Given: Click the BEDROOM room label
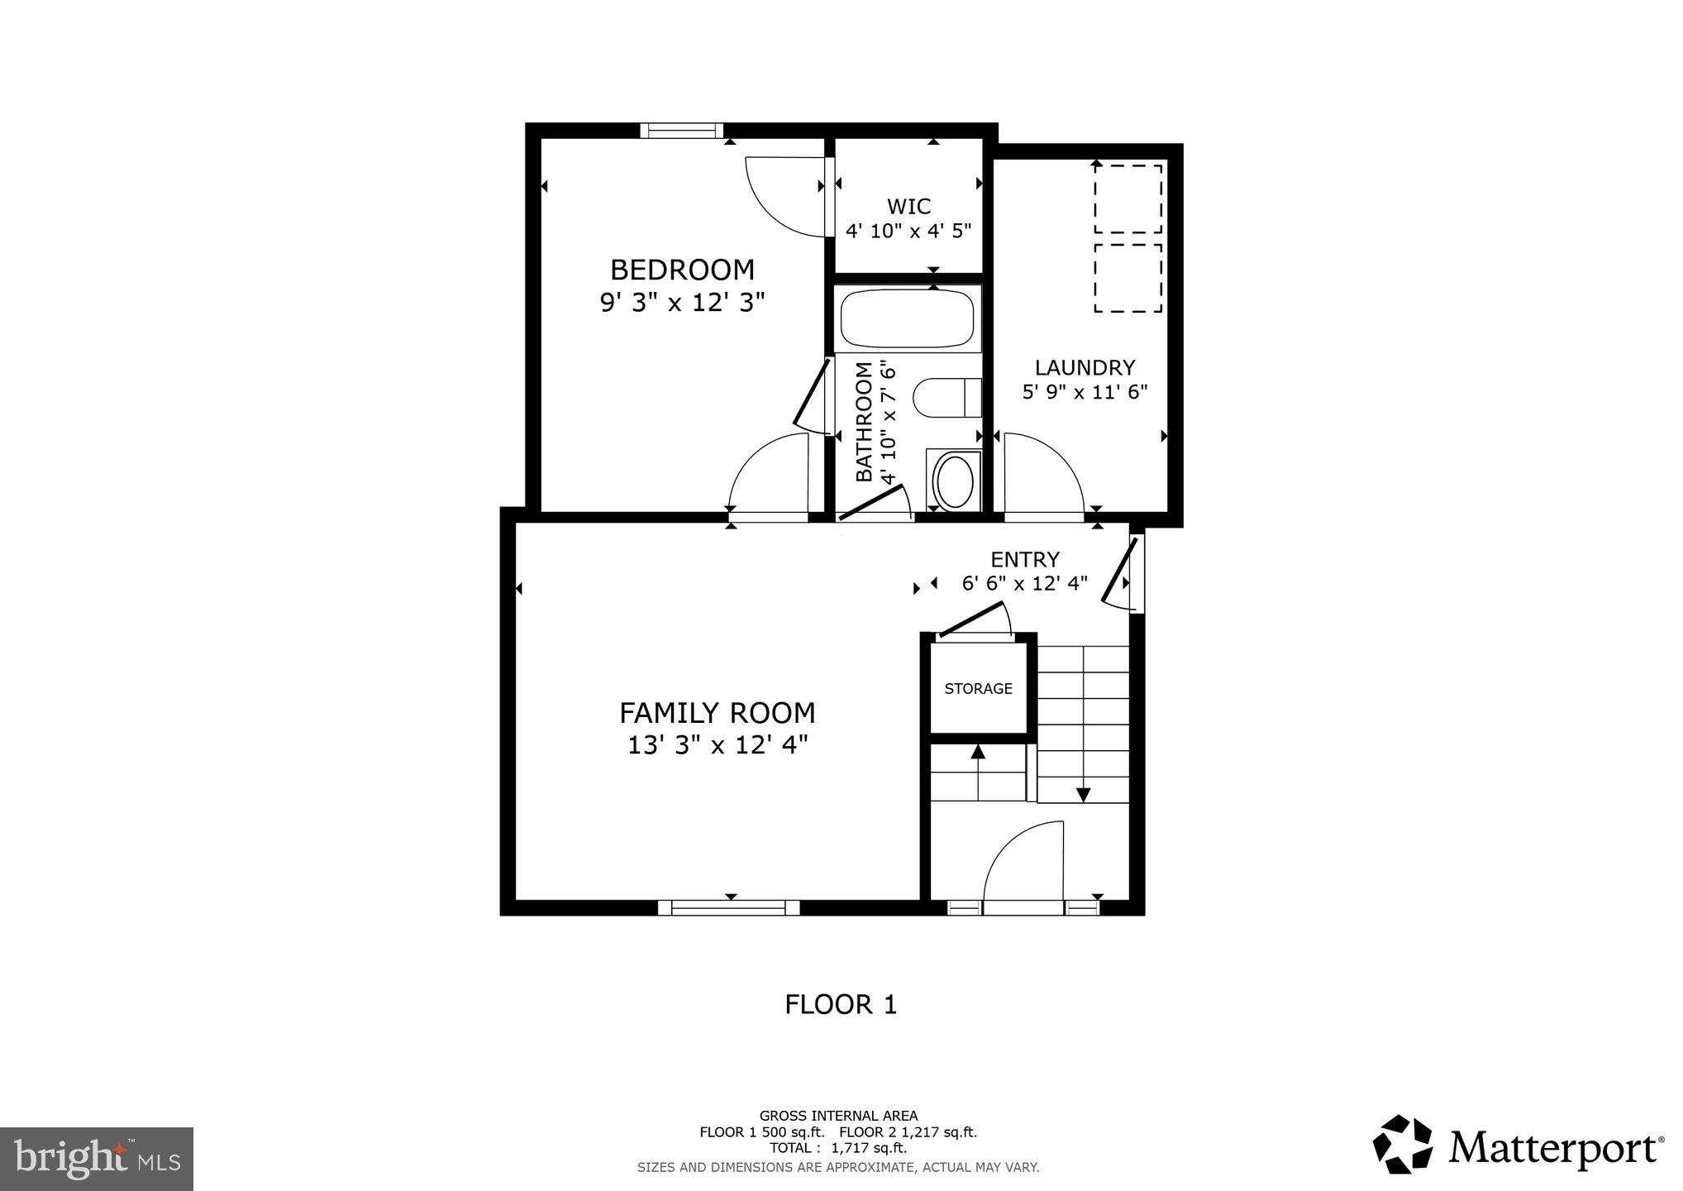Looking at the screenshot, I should coord(682,270).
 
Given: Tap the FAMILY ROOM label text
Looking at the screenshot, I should coord(717,712).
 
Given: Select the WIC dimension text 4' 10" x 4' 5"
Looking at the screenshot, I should coord(908,230).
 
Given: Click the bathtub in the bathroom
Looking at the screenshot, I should coord(907,318).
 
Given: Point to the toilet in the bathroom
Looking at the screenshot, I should coord(946,397).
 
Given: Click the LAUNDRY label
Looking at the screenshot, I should coord(1085,367).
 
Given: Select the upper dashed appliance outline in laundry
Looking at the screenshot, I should coord(1128,198).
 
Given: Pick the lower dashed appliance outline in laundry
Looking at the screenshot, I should coord(1128,278).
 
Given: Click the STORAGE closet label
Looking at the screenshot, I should coord(978,688).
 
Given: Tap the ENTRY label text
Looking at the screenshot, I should coord(1025,560).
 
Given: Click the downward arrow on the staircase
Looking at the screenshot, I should coord(1083,794).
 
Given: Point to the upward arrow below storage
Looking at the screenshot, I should coord(978,751).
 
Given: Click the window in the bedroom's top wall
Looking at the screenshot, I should coord(681,131).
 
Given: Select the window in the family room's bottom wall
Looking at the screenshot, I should coord(729,907).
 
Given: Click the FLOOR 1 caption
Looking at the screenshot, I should coord(840,1004).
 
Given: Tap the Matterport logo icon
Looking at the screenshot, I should coord(1402,1145).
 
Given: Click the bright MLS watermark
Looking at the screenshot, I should coord(97,1158).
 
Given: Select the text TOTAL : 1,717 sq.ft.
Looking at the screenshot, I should coord(838,1148).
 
